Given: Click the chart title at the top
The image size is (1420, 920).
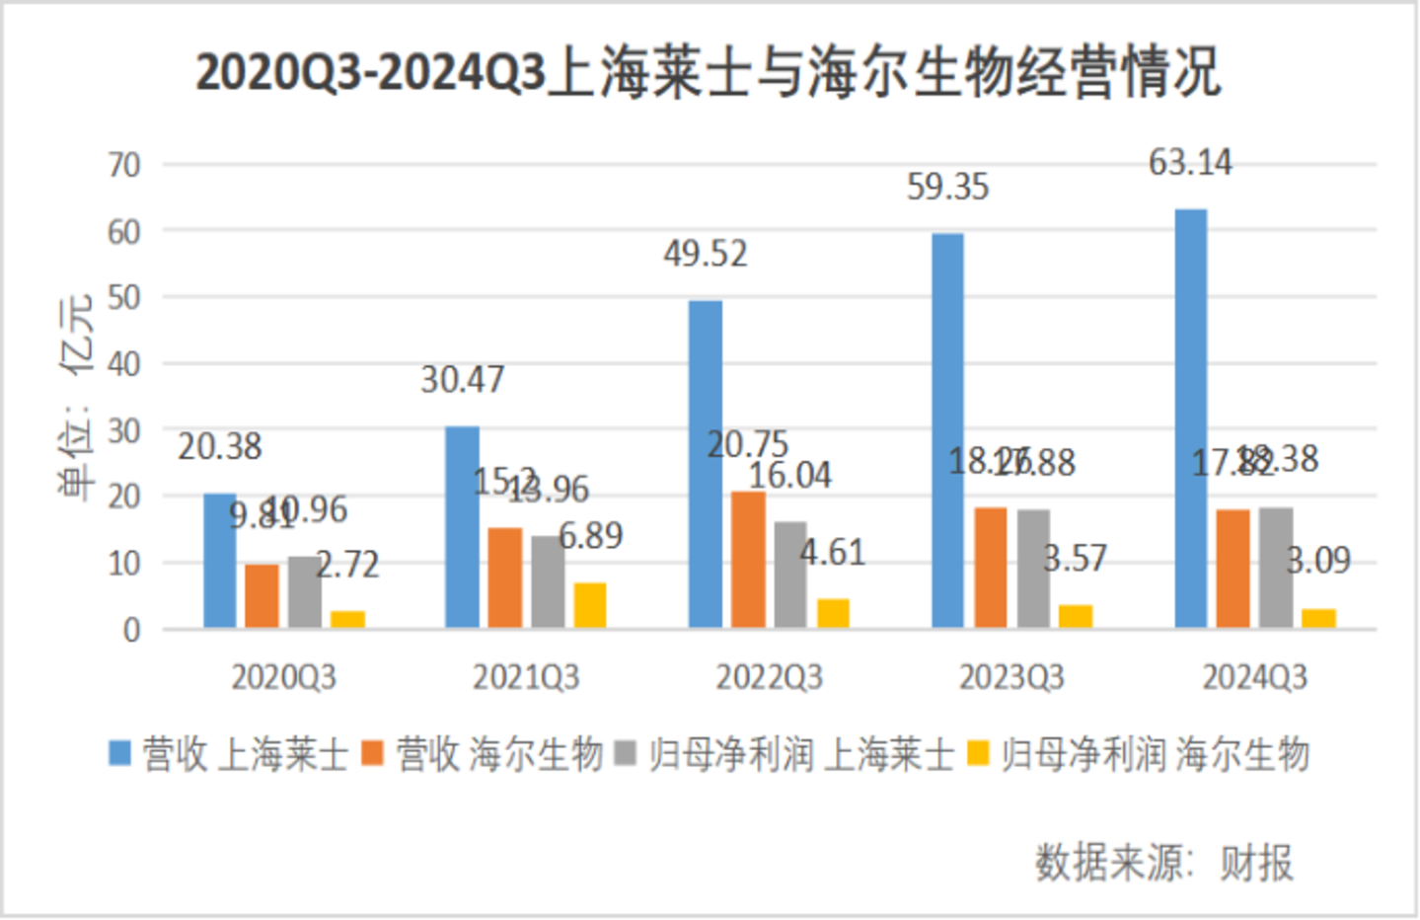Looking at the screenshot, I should (x=709, y=73).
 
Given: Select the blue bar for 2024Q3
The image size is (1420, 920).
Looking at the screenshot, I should (x=1190, y=419).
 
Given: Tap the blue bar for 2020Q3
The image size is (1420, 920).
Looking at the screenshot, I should (x=219, y=561).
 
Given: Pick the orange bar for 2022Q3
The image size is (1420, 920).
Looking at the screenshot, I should (x=748, y=560).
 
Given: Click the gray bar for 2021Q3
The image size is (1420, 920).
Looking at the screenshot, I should (x=548, y=581).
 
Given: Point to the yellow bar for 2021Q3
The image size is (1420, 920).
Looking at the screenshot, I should (x=590, y=605).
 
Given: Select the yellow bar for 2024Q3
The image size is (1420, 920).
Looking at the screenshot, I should (x=1318, y=618).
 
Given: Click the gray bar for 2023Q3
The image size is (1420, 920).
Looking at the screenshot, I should (x=1033, y=569).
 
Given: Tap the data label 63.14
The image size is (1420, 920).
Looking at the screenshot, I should (x=1190, y=163).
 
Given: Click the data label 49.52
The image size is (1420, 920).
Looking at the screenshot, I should (x=706, y=255).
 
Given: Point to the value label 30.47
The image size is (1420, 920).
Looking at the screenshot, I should (x=462, y=380).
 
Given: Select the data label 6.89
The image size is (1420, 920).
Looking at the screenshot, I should (x=591, y=536).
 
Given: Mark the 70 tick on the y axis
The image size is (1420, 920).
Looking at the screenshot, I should (x=125, y=165).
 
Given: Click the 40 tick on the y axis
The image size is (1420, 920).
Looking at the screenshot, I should (x=125, y=364).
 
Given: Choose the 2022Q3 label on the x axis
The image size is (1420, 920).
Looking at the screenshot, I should (x=769, y=678).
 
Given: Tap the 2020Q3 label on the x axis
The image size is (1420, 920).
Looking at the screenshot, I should (x=283, y=678).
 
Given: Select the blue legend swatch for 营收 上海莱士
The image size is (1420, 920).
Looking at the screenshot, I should (x=120, y=754).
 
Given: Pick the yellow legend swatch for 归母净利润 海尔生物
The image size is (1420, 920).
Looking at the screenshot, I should (x=978, y=754).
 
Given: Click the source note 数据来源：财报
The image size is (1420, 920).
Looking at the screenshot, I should (x=1164, y=863).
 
